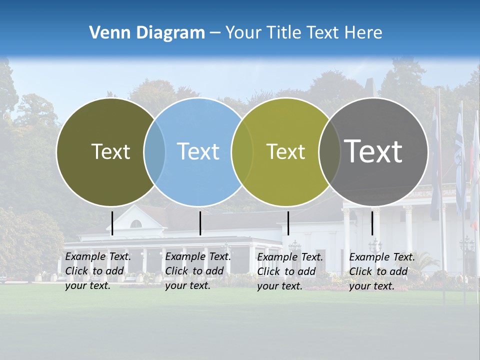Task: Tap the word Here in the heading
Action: click(x=362, y=33)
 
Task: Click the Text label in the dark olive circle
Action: click(x=110, y=151)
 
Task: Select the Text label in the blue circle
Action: click(x=198, y=151)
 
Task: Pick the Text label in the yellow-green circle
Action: click(x=285, y=151)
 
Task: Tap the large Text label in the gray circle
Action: click(x=373, y=151)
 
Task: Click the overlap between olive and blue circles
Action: click(x=154, y=151)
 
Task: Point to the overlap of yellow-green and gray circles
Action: click(x=327, y=151)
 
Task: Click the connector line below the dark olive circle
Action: click(x=112, y=223)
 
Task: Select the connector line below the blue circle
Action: click(x=200, y=223)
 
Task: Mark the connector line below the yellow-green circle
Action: click(x=288, y=223)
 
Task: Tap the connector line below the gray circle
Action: click(x=372, y=223)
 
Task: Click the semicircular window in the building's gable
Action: click(x=136, y=224)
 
